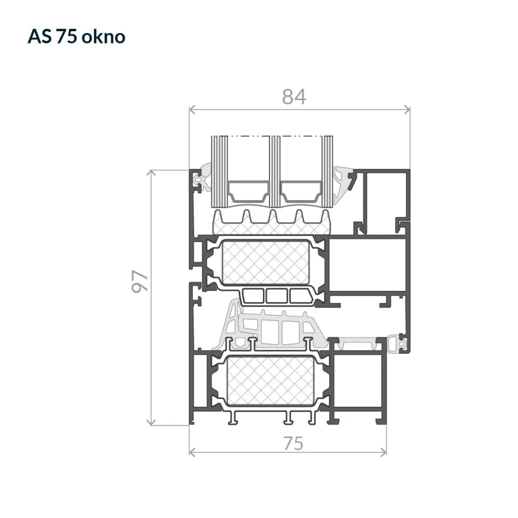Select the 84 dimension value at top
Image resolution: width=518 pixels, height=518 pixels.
(x=294, y=97)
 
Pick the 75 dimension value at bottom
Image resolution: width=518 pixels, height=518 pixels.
(x=294, y=443)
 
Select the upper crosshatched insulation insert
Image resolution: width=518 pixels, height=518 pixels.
(x=266, y=262)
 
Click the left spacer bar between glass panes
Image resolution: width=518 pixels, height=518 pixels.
(x=247, y=191)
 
